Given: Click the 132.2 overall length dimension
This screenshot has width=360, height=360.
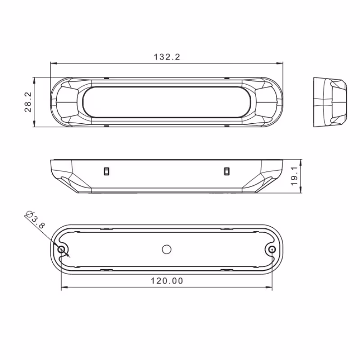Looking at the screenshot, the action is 167,57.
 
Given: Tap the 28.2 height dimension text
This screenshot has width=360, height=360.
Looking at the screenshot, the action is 28,102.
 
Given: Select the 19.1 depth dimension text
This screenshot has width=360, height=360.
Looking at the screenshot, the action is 294,176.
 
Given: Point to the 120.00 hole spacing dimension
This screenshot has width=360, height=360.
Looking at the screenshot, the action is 167,281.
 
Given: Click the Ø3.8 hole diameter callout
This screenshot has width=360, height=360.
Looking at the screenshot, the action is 35,219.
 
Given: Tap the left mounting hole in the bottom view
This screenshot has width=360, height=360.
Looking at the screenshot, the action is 61,249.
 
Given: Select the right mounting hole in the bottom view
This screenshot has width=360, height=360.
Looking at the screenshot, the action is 272,249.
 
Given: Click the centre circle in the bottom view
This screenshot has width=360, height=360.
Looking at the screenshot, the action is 166,249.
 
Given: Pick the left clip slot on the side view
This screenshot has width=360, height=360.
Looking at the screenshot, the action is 106,171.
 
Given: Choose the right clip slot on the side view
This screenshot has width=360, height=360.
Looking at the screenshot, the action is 227,171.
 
